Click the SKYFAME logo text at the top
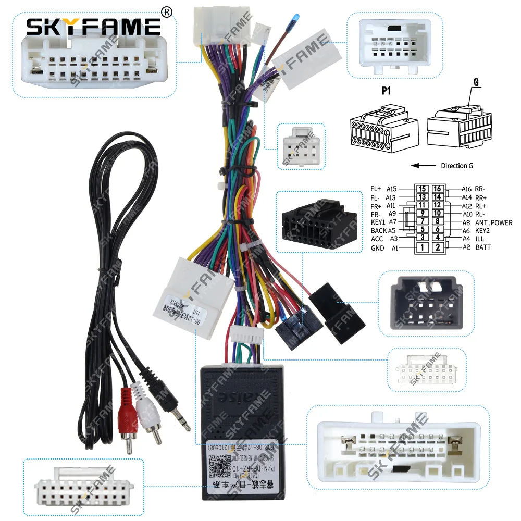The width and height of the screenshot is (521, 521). (93, 26)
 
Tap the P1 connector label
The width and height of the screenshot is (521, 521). (386, 91)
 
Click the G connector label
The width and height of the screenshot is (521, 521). (476, 82)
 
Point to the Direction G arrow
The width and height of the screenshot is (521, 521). (423, 166)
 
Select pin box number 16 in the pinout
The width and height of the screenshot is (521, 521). (438, 189)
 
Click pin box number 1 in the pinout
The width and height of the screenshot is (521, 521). (423, 247)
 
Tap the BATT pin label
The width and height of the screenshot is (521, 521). (482, 247)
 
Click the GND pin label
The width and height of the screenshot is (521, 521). (377, 248)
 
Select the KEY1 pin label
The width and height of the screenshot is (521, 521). (378, 222)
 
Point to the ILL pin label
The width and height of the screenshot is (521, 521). (479, 239)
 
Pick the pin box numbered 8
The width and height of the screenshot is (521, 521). (438, 222)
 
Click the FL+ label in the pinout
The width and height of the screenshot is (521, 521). (376, 189)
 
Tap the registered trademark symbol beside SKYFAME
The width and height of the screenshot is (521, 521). (166, 12)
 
